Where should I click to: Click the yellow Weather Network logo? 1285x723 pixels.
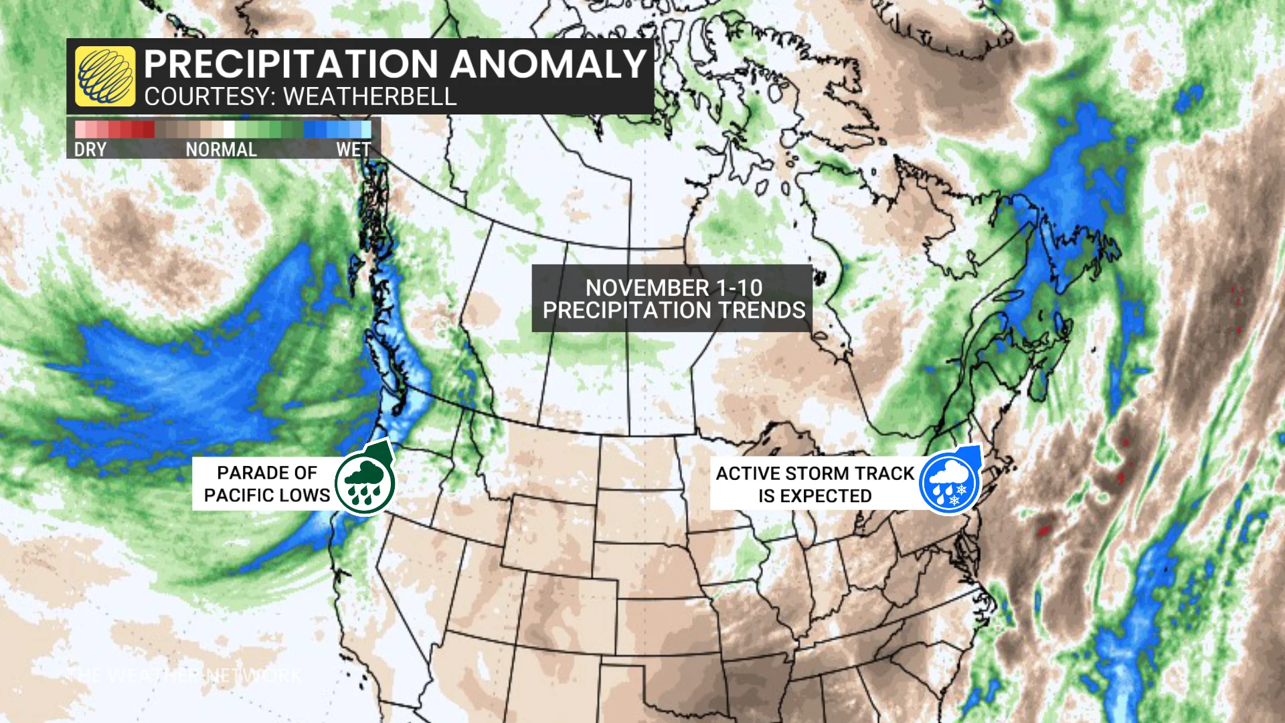click(104, 76)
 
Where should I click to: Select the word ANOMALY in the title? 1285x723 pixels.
click(548, 64)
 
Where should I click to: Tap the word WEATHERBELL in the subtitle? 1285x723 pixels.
click(369, 97)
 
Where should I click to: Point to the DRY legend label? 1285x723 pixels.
click(90, 149)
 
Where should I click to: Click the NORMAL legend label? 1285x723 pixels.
click(221, 149)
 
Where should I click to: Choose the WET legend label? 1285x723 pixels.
click(353, 149)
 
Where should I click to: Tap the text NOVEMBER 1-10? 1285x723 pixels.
click(673, 288)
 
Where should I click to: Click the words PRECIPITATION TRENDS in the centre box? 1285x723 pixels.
click(673, 311)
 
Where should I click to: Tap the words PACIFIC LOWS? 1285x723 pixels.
click(267, 495)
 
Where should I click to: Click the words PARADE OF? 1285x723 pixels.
click(267, 473)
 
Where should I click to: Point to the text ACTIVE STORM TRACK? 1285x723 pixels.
click(815, 473)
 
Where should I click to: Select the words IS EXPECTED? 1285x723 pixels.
click(815, 496)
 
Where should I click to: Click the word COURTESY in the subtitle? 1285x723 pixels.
click(205, 97)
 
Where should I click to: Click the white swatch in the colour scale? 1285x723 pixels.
click(230, 129)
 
